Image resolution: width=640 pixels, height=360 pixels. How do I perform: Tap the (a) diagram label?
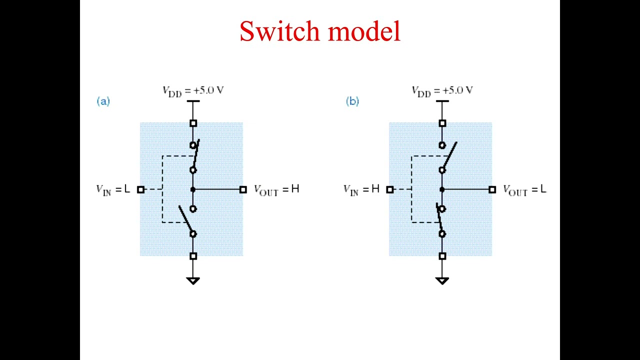pyautogui.click(x=103, y=101)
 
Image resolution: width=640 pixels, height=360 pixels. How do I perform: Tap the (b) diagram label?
pyautogui.click(x=352, y=101)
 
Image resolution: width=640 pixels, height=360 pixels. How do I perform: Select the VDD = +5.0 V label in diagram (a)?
pyautogui.click(x=193, y=91)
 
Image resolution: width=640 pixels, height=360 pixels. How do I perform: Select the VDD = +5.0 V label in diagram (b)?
pyautogui.click(x=442, y=91)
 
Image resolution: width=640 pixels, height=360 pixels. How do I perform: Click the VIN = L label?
pyautogui.click(x=113, y=189)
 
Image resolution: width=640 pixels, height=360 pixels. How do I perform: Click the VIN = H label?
pyautogui.click(x=361, y=189)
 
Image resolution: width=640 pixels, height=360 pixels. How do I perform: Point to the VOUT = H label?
pyautogui.click(x=276, y=189)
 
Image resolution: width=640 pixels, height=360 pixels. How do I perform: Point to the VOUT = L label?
pyautogui.click(x=524, y=189)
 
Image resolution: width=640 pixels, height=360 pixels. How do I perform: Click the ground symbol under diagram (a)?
pyautogui.click(x=193, y=280)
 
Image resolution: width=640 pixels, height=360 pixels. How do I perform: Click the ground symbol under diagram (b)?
pyautogui.click(x=442, y=280)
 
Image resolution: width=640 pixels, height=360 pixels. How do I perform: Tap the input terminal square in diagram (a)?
pyautogui.click(x=140, y=189)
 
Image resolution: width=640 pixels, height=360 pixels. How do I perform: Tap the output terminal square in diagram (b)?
pyautogui.click(x=492, y=189)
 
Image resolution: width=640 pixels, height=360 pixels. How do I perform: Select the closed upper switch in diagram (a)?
pyautogui.click(x=194, y=157)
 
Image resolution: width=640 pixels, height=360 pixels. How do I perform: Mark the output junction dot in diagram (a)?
pyautogui.click(x=193, y=189)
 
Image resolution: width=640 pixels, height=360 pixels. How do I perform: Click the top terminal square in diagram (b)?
pyautogui.click(x=442, y=123)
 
